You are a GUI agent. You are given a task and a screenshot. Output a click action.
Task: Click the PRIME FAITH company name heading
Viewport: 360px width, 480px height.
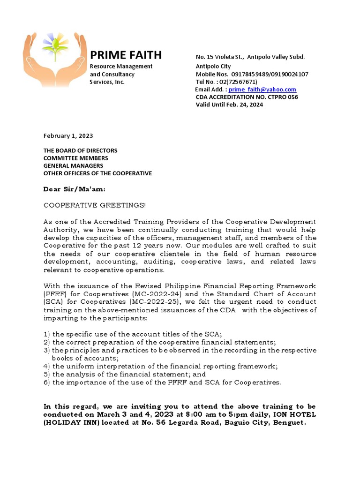click(126, 55)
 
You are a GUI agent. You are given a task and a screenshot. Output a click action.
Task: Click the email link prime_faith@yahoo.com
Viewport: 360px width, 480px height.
click(262, 90)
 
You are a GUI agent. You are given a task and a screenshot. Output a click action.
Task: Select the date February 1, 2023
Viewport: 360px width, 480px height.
click(68, 136)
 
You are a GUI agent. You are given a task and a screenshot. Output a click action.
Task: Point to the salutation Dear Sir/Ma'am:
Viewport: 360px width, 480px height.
click(75, 189)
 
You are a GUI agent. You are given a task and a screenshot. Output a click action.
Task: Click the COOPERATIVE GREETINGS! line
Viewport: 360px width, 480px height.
click(95, 205)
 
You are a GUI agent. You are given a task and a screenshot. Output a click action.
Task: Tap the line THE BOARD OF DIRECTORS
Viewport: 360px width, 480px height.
click(80, 150)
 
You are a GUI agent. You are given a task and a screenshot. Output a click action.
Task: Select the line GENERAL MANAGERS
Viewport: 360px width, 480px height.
click(73, 165)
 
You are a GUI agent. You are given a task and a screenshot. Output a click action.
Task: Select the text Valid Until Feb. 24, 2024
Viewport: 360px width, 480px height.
click(229, 105)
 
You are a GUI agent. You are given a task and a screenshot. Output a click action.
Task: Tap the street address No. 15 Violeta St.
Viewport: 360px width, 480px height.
click(219, 57)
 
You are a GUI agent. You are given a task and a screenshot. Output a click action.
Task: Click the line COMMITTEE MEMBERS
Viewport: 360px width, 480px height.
click(76, 158)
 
